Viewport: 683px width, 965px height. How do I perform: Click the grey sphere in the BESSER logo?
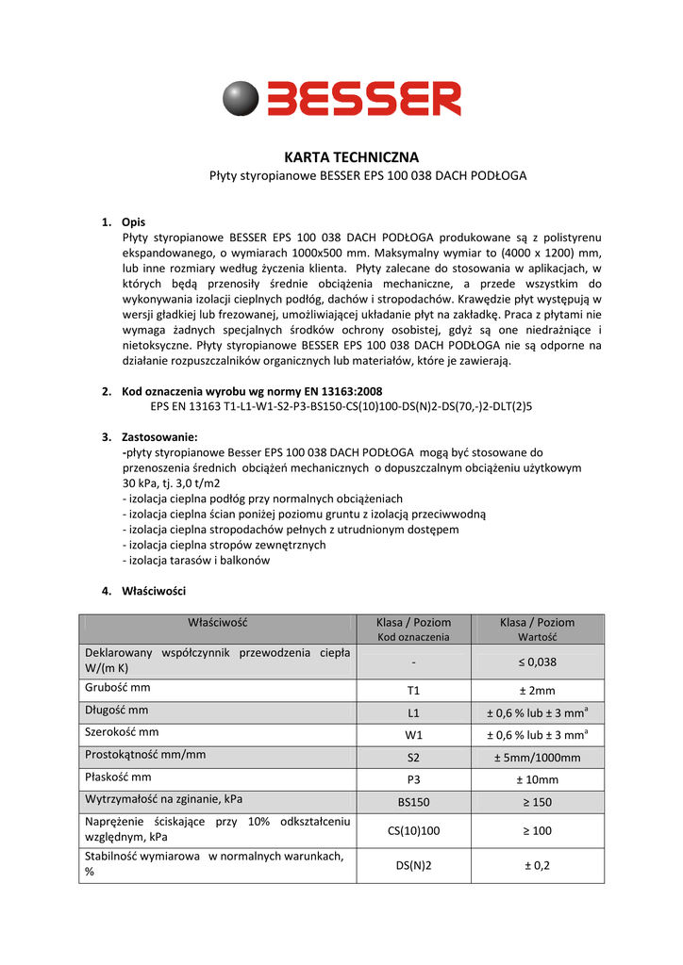(242, 98)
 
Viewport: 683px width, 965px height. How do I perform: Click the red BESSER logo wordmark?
(363, 98)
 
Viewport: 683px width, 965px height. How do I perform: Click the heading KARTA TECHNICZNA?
(351, 157)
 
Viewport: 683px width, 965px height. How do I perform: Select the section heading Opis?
(133, 222)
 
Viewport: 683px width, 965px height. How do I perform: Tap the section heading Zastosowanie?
(159, 437)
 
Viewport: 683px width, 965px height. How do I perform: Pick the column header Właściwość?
(217, 622)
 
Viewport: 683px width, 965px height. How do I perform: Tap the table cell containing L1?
(413, 712)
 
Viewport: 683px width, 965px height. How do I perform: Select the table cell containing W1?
(413, 735)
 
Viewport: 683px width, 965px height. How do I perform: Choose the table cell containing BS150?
(413, 803)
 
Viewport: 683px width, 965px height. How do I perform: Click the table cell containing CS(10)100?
(413, 831)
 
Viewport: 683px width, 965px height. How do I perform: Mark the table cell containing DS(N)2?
(413, 866)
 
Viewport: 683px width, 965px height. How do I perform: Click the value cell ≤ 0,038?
(536, 662)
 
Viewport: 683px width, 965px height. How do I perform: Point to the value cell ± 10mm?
(536, 780)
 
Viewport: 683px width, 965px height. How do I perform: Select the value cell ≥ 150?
(536, 803)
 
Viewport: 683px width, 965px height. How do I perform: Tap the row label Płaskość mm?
(119, 777)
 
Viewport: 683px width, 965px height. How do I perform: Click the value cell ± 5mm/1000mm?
(536, 758)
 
